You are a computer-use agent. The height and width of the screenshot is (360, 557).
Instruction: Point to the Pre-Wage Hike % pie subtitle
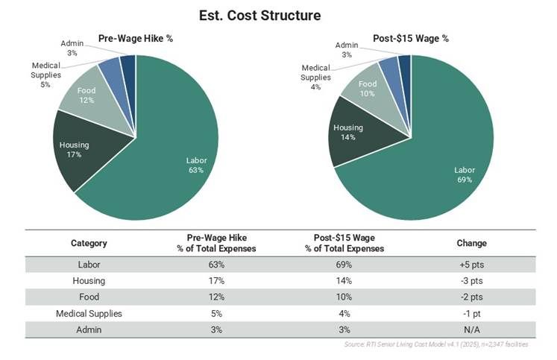click(x=136, y=38)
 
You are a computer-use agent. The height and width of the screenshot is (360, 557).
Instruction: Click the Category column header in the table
click(x=89, y=243)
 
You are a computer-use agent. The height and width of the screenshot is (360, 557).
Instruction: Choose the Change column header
click(x=471, y=243)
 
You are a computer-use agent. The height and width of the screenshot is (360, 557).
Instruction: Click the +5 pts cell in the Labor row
click(x=471, y=264)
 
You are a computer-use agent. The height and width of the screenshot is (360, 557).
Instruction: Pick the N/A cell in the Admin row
click(x=471, y=329)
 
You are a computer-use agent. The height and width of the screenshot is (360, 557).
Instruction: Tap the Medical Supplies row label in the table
click(x=89, y=313)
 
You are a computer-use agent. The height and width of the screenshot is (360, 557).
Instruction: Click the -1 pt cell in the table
click(x=471, y=313)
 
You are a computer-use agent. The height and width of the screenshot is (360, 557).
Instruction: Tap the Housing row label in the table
click(x=89, y=280)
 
